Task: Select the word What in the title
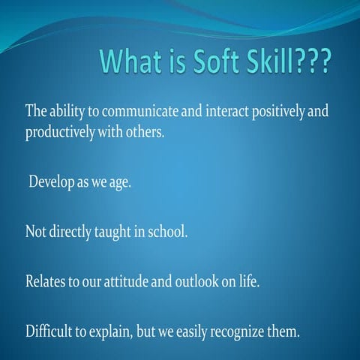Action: coord(138,61)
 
